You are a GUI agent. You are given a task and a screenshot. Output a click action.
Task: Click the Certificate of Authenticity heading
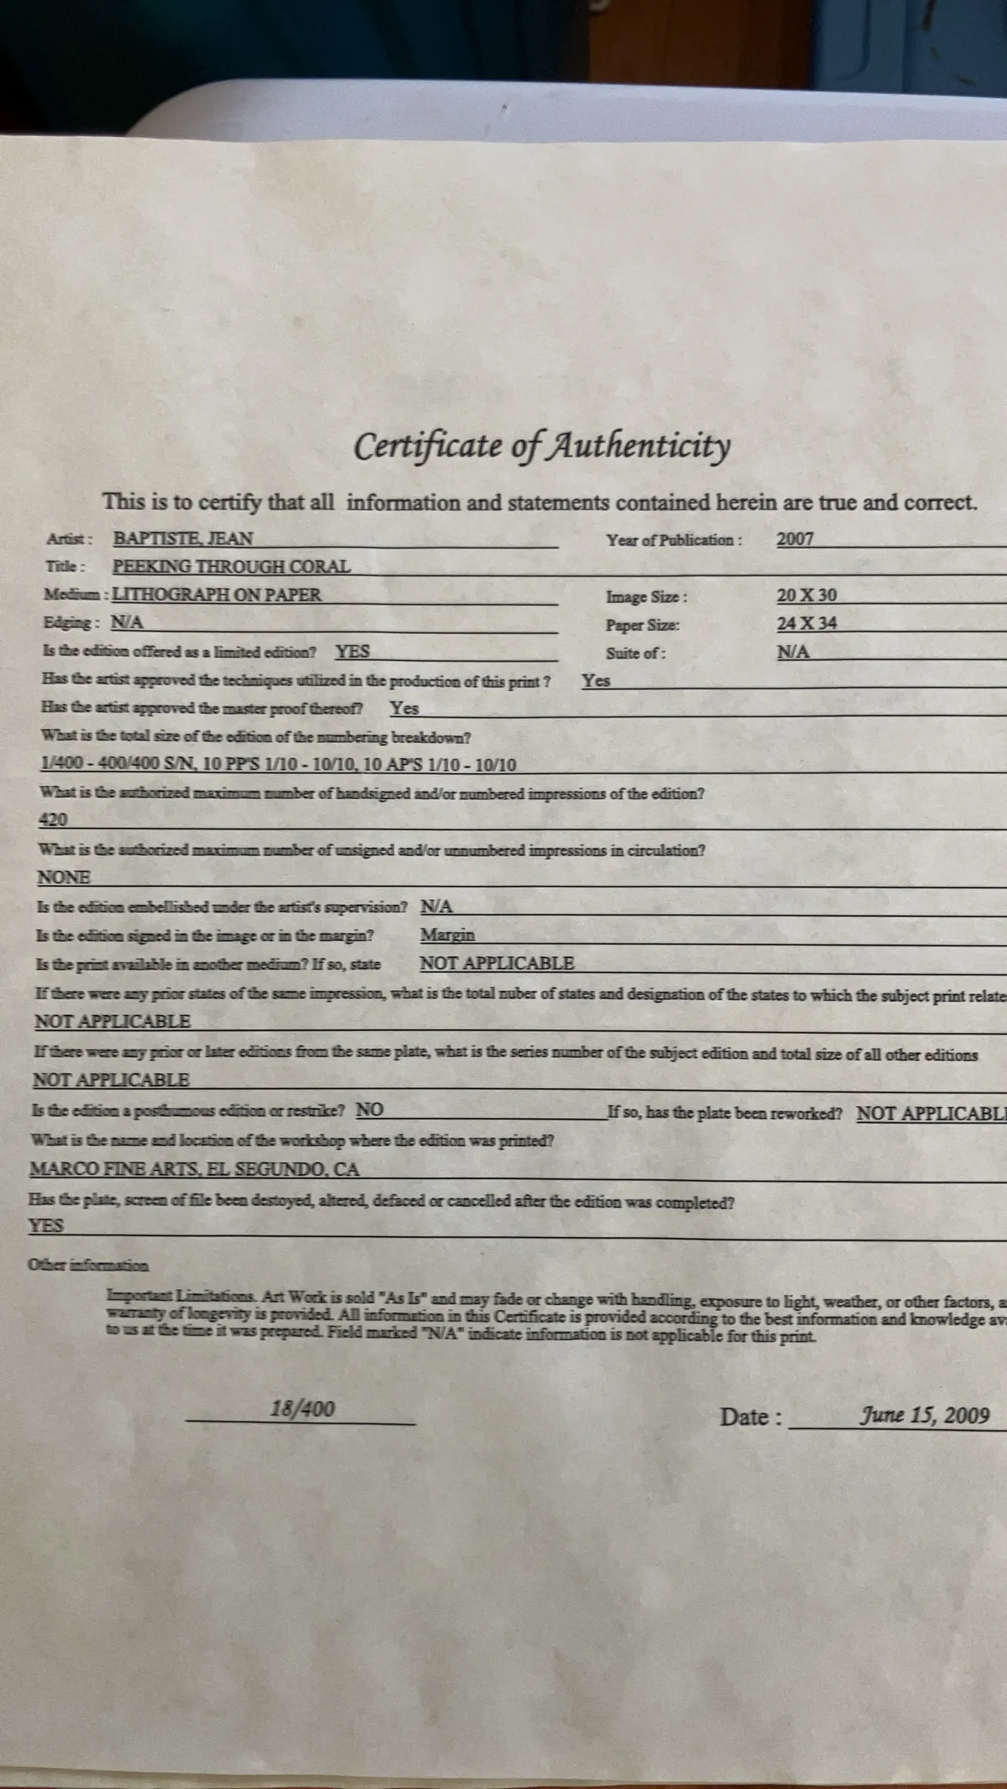tap(542, 446)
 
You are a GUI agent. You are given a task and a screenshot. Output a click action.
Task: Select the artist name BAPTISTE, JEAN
tap(183, 538)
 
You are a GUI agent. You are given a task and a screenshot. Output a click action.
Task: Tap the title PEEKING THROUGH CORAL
tap(231, 566)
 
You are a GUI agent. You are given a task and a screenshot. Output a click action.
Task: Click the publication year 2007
tap(795, 539)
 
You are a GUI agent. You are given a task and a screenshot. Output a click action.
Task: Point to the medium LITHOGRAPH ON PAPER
tap(216, 594)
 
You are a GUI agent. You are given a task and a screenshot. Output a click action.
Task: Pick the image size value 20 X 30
tap(807, 595)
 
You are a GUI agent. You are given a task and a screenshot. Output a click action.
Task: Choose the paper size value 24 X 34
tap(807, 623)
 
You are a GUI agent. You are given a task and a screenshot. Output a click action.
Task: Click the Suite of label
tap(636, 653)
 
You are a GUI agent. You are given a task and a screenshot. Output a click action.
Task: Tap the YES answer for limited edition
tap(352, 651)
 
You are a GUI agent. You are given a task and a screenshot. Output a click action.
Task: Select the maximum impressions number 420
tap(53, 820)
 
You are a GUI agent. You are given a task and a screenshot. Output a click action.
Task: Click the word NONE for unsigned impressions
tap(64, 877)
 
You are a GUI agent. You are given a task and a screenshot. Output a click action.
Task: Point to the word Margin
tap(447, 935)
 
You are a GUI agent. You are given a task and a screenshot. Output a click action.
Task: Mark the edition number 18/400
tap(302, 1409)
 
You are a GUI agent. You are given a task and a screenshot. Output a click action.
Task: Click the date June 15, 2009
tap(924, 1416)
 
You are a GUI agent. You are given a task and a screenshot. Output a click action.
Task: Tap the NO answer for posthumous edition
tap(369, 1110)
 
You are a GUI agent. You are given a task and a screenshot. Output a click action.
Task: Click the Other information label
tap(87, 1266)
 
